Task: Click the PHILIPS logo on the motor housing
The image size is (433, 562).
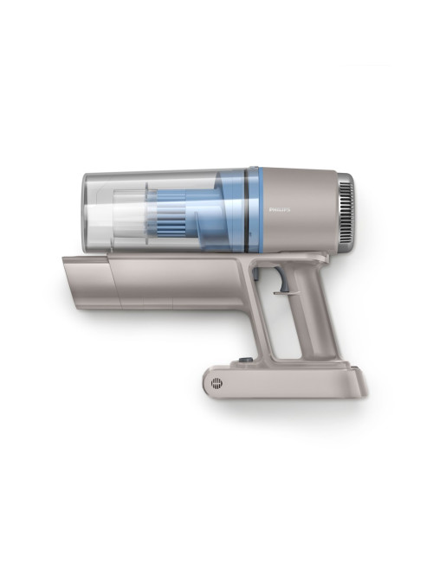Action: [279, 210]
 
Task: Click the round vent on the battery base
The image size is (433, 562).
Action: [216, 383]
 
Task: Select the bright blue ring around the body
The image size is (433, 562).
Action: [261, 209]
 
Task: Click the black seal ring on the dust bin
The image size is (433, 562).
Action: [247, 209]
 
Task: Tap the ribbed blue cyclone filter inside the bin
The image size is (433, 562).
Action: [172, 211]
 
